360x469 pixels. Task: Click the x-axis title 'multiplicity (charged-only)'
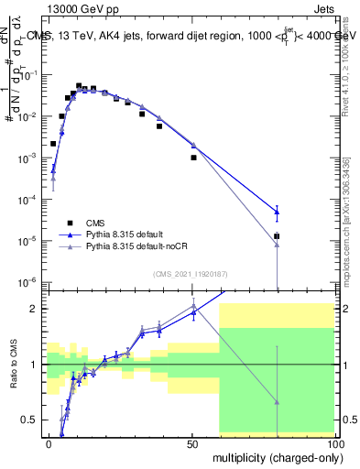tap(272, 456)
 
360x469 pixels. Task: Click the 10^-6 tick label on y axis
tap(27, 281)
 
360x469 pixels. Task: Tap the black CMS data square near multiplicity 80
tap(277, 236)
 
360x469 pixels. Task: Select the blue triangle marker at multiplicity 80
tap(277, 212)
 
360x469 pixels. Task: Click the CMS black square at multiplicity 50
tap(193, 158)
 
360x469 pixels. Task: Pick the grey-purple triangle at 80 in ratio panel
tap(277, 401)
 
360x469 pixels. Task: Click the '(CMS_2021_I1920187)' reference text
tap(189, 274)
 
